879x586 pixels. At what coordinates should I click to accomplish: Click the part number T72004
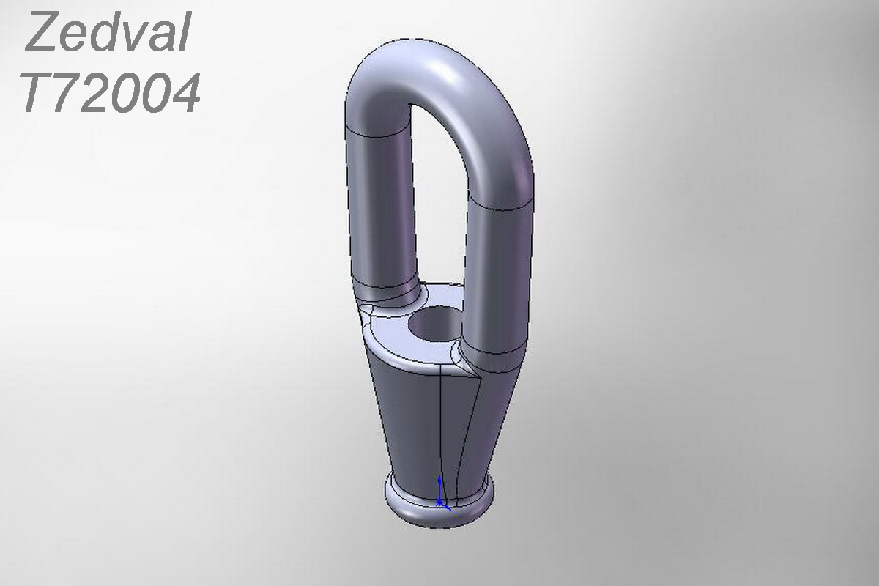111,92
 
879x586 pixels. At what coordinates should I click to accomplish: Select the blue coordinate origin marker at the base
441,494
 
